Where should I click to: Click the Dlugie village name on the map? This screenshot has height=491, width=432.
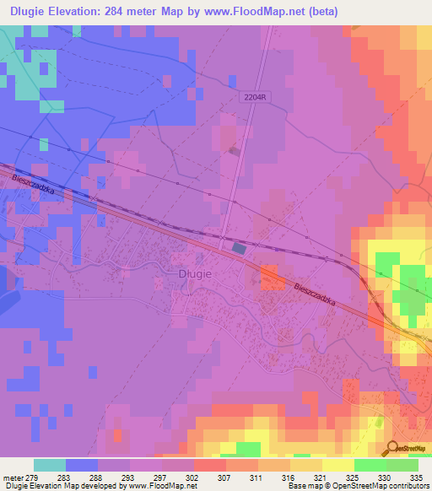(x=194, y=273)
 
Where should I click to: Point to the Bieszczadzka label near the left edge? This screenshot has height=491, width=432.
(x=34, y=185)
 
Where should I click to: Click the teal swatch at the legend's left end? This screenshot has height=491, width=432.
(x=50, y=465)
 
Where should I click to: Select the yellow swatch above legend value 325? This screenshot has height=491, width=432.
(x=337, y=465)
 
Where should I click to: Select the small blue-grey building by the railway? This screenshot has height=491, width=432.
(x=239, y=248)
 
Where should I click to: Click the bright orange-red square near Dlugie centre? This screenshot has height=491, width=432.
(x=270, y=276)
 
